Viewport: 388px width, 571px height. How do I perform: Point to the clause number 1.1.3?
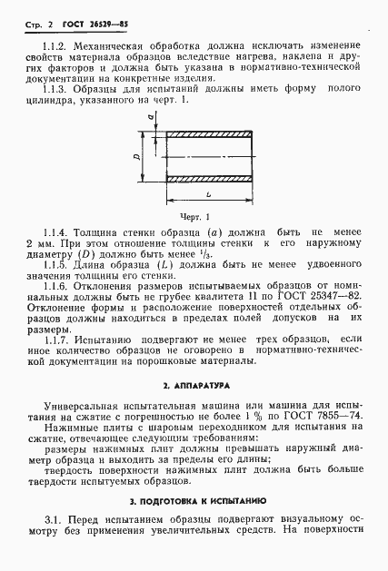56,99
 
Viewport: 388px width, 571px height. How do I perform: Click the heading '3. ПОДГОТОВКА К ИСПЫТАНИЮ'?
194,500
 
